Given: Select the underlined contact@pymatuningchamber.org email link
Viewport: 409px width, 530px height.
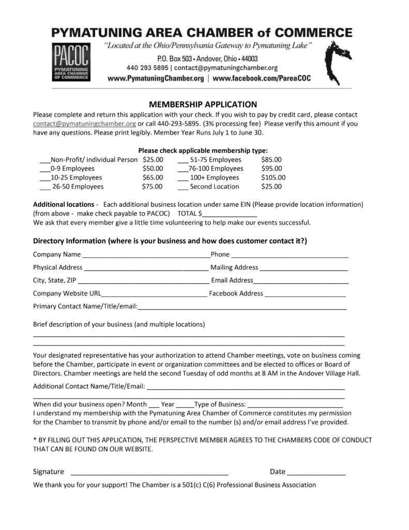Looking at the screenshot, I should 84,124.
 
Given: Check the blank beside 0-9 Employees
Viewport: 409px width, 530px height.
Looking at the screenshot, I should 45,169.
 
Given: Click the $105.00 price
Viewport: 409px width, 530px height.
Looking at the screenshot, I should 273,177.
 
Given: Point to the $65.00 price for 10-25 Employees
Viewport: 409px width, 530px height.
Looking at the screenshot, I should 153,177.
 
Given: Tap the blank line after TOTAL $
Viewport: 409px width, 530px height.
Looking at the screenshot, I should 230,214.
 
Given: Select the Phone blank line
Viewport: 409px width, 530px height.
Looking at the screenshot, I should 290,255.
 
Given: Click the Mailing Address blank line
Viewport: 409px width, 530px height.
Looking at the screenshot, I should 304,268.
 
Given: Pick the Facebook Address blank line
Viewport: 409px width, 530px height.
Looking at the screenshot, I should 305,294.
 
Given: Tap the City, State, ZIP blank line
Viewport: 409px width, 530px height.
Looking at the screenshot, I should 143,281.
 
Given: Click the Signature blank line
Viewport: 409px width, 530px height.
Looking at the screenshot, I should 149,473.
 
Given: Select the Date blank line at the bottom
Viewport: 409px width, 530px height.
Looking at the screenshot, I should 316,473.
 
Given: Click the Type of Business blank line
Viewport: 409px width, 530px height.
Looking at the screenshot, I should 295,405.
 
